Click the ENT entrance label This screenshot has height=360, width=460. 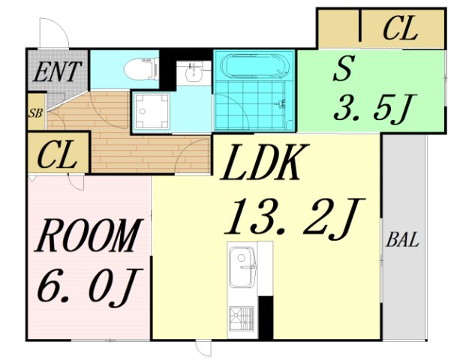(x=57, y=71)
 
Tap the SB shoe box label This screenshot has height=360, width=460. (x=35, y=113)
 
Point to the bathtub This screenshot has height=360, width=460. (x=254, y=66)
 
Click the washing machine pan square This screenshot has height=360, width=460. (x=152, y=111)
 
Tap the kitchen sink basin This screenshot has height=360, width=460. (x=242, y=267)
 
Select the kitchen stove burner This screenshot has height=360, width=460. (x=241, y=318)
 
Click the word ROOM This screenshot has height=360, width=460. (x=89, y=235)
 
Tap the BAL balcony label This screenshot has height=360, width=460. (x=402, y=239)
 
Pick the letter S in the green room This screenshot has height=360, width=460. (x=343, y=68)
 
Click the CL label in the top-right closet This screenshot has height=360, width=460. (x=400, y=28)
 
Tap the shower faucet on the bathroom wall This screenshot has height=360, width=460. (x=281, y=104)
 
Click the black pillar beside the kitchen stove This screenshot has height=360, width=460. (x=266, y=317)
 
